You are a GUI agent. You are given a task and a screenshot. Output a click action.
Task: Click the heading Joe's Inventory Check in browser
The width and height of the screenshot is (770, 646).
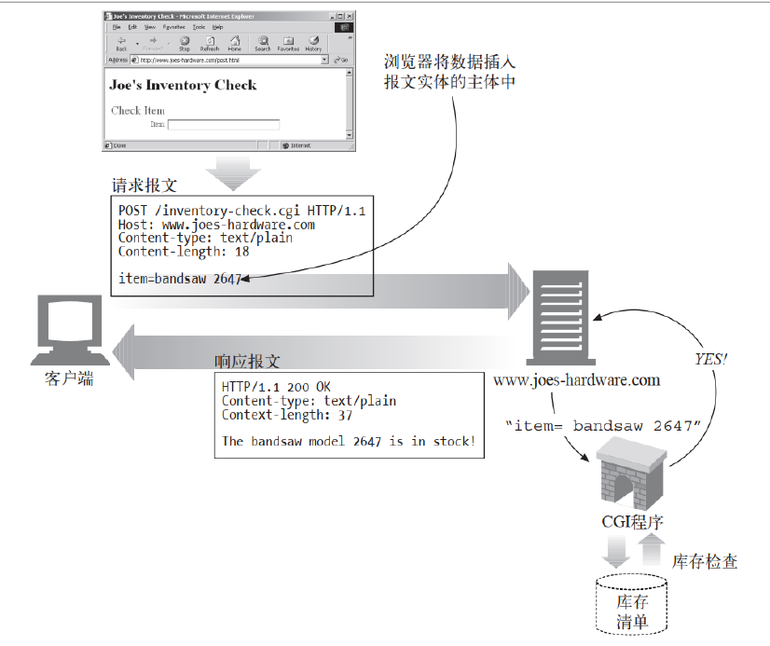pyautogui.click(x=183, y=86)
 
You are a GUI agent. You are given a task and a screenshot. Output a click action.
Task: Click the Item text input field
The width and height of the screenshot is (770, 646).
pyautogui.click(x=223, y=124)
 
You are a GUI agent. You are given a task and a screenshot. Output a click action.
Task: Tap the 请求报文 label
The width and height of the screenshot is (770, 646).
pyautogui.click(x=144, y=185)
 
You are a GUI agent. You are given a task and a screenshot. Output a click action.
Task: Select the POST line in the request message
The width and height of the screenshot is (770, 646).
pyautogui.click(x=241, y=211)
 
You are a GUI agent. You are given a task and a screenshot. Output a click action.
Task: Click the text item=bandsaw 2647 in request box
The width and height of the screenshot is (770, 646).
pyautogui.click(x=180, y=278)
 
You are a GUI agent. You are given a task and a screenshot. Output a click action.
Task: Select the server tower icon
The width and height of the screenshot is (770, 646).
pyautogui.click(x=558, y=316)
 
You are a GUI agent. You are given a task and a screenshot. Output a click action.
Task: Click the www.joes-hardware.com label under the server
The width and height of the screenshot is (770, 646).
pyautogui.click(x=576, y=379)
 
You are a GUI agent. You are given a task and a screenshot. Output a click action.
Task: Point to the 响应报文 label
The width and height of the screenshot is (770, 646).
pyautogui.click(x=247, y=362)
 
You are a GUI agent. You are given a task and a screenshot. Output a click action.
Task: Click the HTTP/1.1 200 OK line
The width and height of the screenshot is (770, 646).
pyautogui.click(x=276, y=387)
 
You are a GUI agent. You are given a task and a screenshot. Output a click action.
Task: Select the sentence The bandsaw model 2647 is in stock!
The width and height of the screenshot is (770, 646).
pyautogui.click(x=348, y=441)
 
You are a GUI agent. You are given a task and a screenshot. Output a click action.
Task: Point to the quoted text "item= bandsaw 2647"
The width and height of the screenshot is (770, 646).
pyautogui.click(x=602, y=425)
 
